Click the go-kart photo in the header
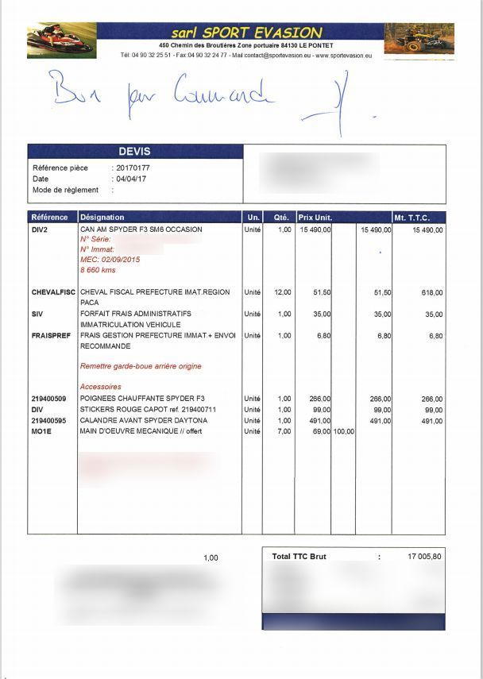click(62, 40)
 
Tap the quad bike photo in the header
click(419, 39)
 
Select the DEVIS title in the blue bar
click(134, 152)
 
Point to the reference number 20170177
click(133, 168)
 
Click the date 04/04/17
click(130, 179)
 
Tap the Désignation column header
click(102, 217)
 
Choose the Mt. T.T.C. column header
click(411, 217)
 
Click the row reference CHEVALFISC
click(53, 292)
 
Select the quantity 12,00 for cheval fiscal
click(283, 292)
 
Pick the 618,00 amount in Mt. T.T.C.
click(432, 292)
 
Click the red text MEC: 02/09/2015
click(110, 260)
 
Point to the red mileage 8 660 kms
click(98, 270)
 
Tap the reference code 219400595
click(49, 420)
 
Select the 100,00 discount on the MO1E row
click(343, 431)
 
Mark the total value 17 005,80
click(425, 557)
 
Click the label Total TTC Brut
click(299, 557)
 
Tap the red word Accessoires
click(101, 387)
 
